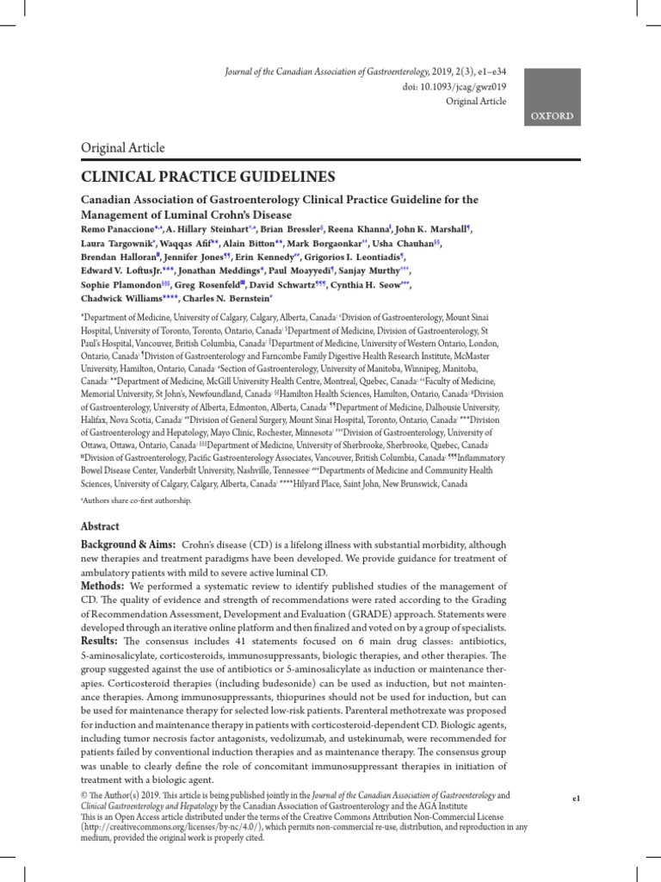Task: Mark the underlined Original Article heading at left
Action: coord(123,148)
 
